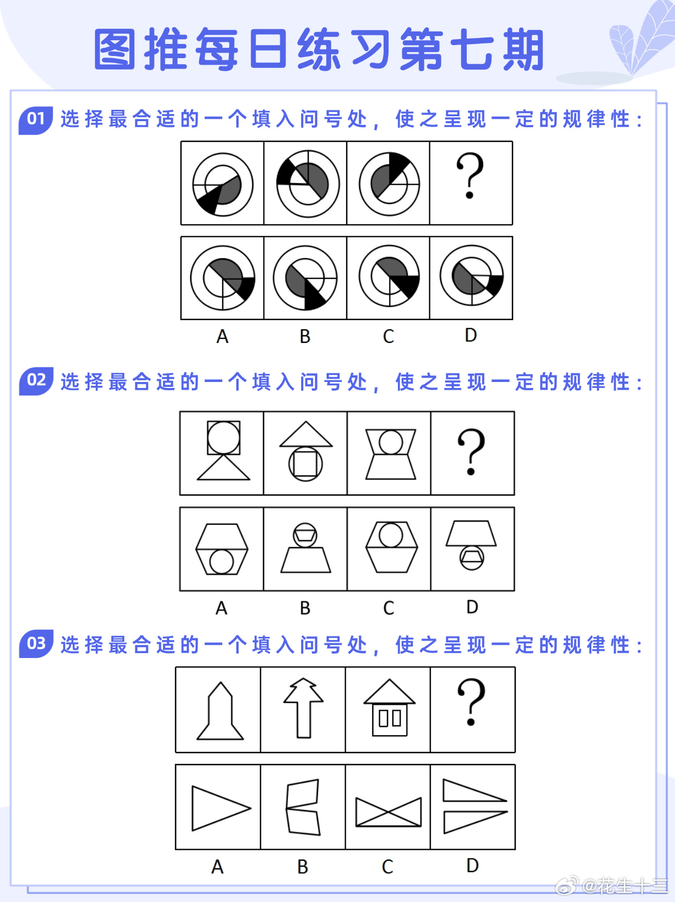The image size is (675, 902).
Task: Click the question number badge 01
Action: coord(35,119)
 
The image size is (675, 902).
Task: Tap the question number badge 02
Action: coord(36,380)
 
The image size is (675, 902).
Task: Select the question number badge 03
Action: coord(36,643)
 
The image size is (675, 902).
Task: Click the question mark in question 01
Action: coord(470,176)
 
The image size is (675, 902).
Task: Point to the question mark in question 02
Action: coord(471,452)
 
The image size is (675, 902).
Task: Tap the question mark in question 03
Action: coord(471,701)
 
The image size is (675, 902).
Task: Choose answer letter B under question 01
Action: coord(305,337)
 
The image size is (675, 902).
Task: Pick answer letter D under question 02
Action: coord(472,607)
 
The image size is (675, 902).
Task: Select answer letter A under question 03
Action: coord(217,867)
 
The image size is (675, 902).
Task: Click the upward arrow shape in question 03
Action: coord(303,707)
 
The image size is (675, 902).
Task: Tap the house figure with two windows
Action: coord(389,708)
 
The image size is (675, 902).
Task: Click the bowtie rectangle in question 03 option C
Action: coord(388,812)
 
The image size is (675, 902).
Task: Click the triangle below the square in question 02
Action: coord(223,468)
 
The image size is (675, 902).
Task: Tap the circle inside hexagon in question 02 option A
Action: coord(222,561)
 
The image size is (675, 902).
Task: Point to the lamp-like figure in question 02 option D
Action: coord(471,546)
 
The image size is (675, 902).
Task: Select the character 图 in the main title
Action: coord(115,49)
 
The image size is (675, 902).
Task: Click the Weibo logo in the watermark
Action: coord(567,886)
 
